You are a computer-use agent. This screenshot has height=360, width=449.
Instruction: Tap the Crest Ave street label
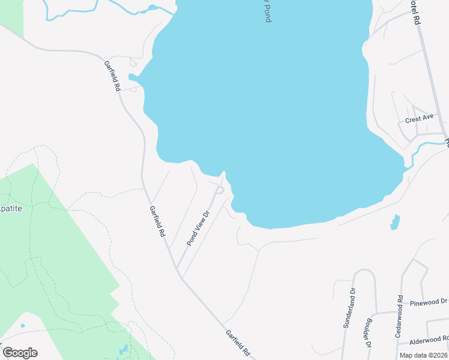click(419, 119)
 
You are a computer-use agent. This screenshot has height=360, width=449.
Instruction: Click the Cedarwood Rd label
click(399, 316)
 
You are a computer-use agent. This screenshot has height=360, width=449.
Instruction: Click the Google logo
click(20, 353)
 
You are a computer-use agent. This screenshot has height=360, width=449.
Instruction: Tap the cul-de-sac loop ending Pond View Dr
click(220, 190)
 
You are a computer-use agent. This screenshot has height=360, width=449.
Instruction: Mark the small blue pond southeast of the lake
click(394, 222)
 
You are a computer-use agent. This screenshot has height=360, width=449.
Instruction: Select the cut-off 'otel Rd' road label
click(414, 12)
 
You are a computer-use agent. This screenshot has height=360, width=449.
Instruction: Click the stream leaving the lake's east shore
click(420, 146)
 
